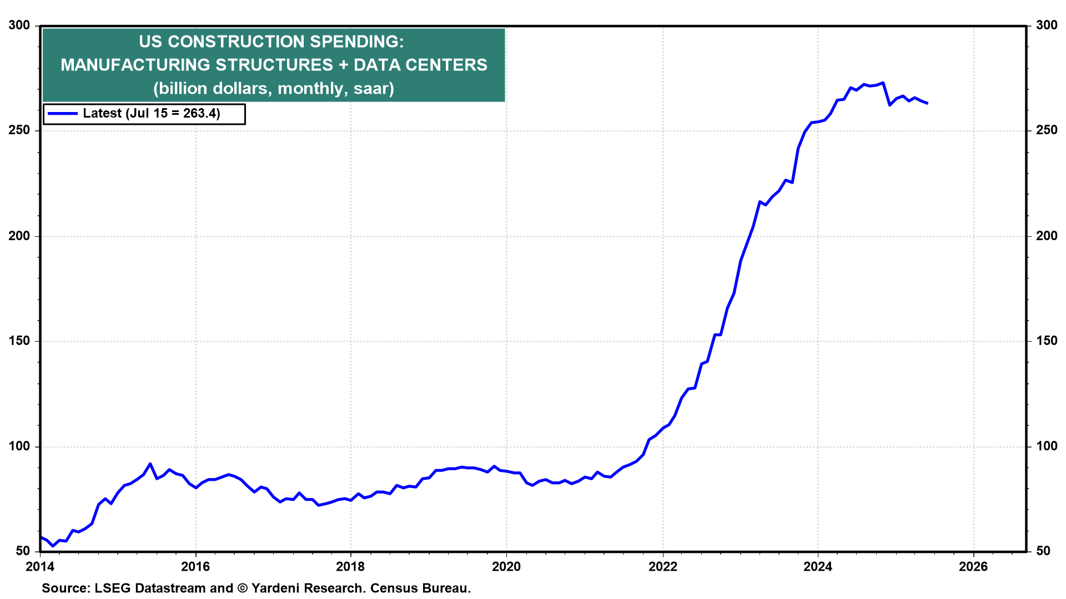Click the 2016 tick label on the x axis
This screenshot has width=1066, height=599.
195,566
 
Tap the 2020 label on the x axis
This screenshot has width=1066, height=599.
506,566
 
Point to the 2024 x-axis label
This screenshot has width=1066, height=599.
818,566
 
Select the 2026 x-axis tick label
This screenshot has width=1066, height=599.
973,566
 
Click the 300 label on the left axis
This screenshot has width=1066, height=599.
19,26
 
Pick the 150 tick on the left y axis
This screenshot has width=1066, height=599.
19,341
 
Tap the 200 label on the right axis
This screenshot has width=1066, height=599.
1047,236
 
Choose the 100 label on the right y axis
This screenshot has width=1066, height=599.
1047,446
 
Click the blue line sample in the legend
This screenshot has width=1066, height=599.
63,114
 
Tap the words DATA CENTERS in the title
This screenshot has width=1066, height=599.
420,65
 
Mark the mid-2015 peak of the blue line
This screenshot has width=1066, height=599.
150,464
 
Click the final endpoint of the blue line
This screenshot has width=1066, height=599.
927,103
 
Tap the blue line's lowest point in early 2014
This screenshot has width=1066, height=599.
53,546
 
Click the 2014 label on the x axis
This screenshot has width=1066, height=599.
40,566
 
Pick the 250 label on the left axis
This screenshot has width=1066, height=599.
19,131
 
